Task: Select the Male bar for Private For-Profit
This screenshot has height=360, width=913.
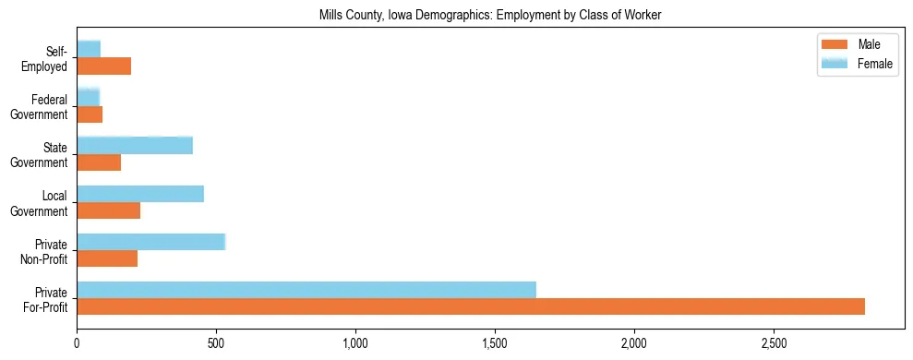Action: click(471, 306)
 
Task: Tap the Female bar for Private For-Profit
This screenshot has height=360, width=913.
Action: click(306, 290)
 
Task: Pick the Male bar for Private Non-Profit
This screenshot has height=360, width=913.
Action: click(107, 258)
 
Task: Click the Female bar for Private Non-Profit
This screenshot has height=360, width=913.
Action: click(151, 242)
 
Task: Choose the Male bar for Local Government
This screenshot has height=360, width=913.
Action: click(109, 210)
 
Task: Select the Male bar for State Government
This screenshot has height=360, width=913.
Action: click(99, 162)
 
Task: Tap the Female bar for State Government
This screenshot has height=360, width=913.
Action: click(135, 145)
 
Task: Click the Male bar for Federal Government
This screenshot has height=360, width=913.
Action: click(90, 114)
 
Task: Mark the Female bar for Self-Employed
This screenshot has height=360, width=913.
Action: click(89, 49)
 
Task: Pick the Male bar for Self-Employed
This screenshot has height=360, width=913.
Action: click(104, 66)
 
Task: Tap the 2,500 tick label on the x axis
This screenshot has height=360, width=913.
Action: click(774, 343)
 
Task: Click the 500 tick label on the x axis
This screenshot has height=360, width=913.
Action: click(216, 343)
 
